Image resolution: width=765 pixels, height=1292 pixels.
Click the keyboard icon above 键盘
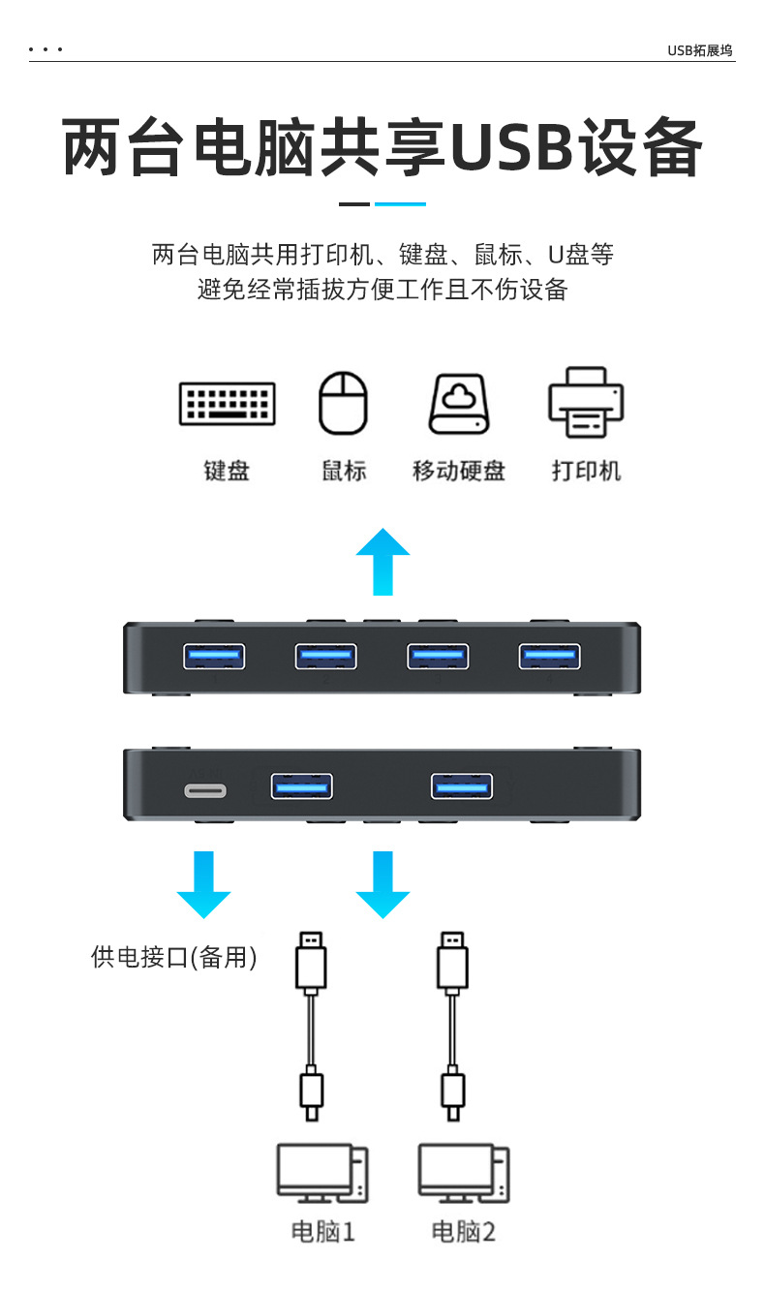coord(227,403)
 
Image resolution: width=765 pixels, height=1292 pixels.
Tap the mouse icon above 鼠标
coord(344,403)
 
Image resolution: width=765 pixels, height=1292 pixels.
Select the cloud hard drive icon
coord(459,403)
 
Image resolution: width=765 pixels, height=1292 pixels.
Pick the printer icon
coord(586,402)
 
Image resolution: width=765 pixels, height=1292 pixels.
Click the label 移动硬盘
coord(459,472)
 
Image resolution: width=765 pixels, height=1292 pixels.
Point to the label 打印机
coord(586,472)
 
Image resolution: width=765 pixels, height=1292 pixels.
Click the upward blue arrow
coord(382,561)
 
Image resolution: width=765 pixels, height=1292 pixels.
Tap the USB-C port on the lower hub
coord(205,790)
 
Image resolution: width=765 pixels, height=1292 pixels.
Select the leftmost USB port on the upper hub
coord(214,656)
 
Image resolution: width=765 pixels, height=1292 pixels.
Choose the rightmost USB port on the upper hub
coord(549,656)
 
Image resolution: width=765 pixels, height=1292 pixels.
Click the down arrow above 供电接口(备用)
coord(203,883)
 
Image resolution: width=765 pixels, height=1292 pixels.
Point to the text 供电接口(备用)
coord(174,958)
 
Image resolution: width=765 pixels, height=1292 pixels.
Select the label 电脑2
coord(463,1232)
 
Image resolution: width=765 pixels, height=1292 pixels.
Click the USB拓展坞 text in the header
coord(699,50)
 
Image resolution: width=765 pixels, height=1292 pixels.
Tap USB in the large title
coord(510,147)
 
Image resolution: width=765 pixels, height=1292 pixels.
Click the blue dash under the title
coord(400,204)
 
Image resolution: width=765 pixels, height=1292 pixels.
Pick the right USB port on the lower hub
coord(462,785)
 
